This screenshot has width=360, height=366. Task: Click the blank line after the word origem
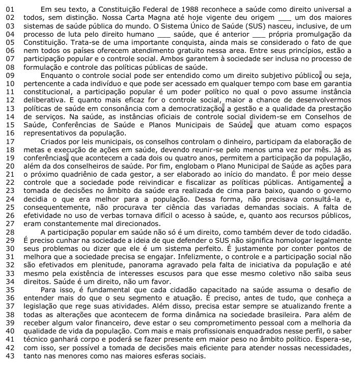click(x=284, y=18)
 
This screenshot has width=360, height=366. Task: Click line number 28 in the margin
click(x=7, y=231)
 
